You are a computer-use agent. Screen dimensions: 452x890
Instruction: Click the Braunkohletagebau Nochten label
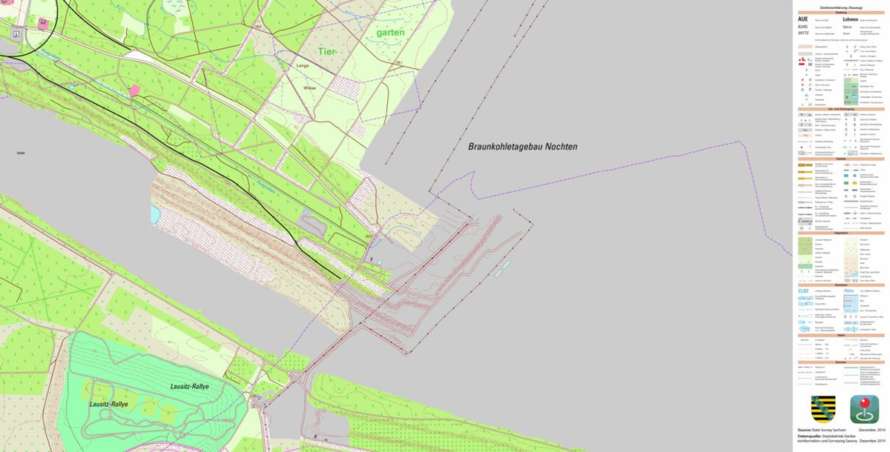(x=522, y=147)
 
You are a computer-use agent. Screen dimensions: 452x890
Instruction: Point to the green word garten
(x=390, y=33)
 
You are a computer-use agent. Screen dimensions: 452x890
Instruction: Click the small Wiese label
(x=309, y=87)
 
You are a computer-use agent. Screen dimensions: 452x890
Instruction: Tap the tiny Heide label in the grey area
(x=21, y=153)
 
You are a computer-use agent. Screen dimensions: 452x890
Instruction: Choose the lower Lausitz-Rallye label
(x=108, y=404)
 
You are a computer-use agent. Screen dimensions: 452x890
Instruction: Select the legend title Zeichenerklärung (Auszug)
(x=840, y=7)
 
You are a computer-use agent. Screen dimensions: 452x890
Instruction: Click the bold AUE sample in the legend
(x=803, y=19)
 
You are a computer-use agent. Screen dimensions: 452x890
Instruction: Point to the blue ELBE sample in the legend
(x=803, y=291)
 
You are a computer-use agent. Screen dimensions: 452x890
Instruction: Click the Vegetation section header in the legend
(x=840, y=232)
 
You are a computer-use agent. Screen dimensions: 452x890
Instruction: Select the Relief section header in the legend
(x=840, y=335)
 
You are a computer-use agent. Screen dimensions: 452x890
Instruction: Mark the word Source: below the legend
(x=805, y=430)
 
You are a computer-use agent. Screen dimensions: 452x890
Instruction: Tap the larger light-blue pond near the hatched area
(x=154, y=215)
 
